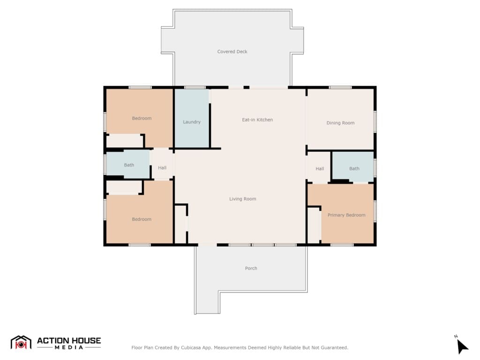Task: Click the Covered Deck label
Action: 232,52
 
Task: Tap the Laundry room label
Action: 192,122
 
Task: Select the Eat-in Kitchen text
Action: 257,120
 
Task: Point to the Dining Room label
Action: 340,123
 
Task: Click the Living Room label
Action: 242,199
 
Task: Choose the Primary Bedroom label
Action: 346,215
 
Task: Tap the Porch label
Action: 251,268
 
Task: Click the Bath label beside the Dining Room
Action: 354,168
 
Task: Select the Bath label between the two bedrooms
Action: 129,165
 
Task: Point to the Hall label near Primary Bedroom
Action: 320,168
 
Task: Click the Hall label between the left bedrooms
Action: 162,167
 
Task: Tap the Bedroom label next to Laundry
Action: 142,118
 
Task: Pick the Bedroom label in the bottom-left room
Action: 142,219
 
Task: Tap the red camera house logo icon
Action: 21,343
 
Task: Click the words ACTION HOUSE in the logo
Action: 69,340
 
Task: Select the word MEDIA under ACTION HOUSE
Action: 69,347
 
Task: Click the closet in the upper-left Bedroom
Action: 125,141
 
